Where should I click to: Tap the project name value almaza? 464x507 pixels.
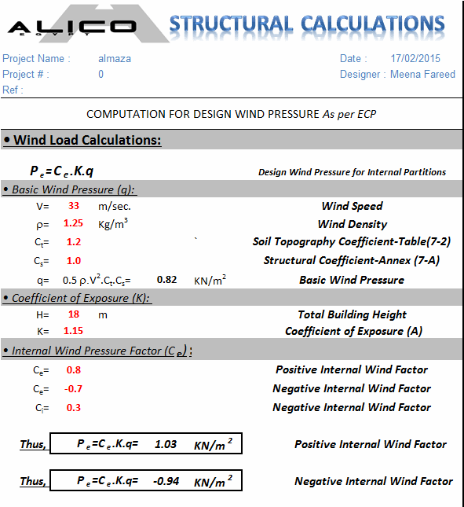(x=115, y=58)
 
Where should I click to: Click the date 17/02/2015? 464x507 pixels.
(x=415, y=58)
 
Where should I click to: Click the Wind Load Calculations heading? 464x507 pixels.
(x=87, y=140)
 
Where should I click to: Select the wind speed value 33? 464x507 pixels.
(x=75, y=206)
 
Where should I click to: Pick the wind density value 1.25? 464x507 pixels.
(x=75, y=224)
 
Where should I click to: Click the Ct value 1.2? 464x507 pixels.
(x=74, y=242)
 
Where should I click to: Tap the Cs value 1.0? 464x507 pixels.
(x=74, y=260)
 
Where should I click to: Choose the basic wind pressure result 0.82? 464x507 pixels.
(x=166, y=279)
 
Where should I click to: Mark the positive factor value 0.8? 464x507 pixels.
(x=74, y=369)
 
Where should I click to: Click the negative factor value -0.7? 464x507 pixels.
(x=72, y=388)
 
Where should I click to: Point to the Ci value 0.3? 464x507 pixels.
(x=74, y=407)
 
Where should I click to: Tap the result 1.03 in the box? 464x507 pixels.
(x=166, y=444)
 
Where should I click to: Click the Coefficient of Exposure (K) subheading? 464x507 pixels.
(x=82, y=298)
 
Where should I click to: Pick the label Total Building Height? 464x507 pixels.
(x=352, y=314)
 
